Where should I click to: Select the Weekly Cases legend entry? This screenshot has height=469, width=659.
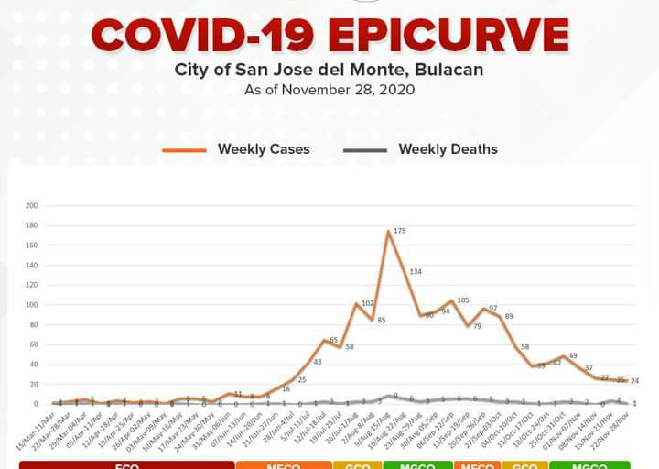click(264, 149)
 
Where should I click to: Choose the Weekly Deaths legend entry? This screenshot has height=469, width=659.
click(448, 149)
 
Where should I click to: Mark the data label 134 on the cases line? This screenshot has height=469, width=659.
click(416, 271)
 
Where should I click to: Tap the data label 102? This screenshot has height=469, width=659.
click(368, 303)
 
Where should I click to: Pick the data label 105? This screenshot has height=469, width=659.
click(462, 300)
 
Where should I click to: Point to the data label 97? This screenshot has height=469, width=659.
click(493, 309)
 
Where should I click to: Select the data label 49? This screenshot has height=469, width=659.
click(573, 355)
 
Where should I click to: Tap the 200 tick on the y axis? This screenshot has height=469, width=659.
click(32, 205)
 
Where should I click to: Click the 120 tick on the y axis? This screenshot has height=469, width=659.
click(32, 285)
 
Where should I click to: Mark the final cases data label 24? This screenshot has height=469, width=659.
click(635, 380)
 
